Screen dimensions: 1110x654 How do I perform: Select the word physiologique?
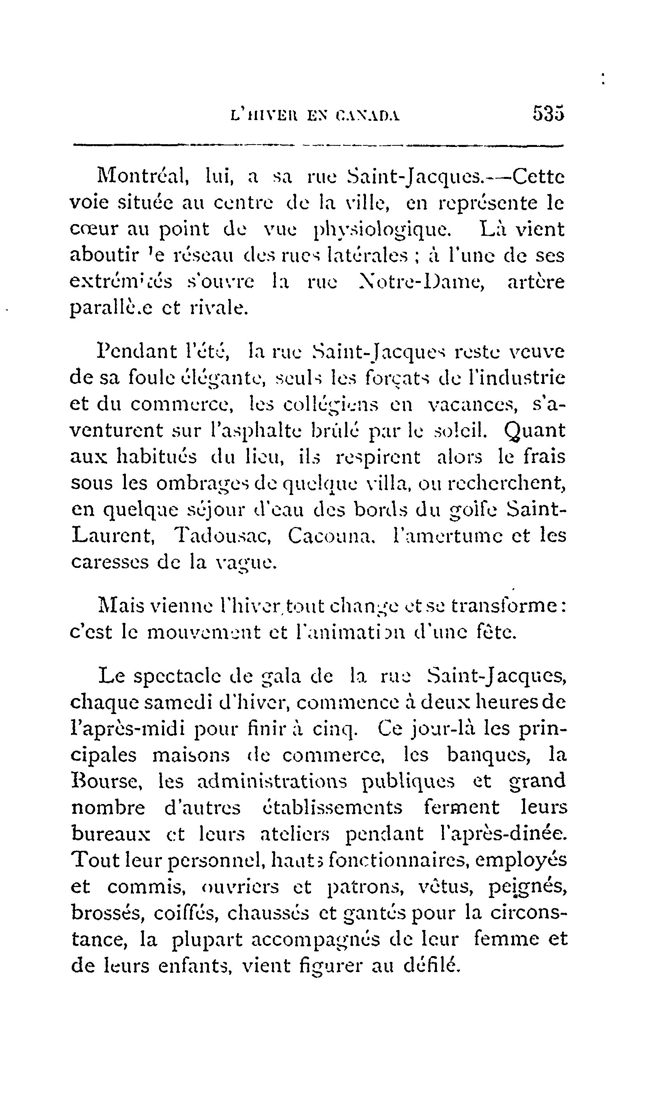pyautogui.click(x=382, y=230)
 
